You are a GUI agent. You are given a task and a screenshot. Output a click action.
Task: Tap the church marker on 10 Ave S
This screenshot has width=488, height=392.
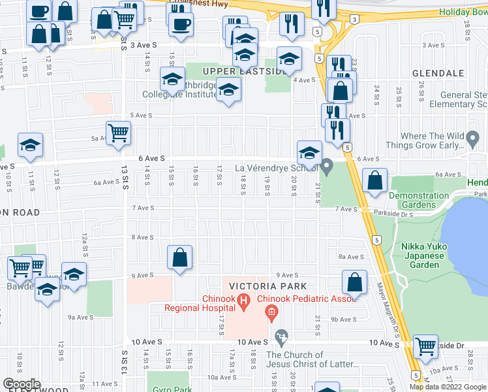[281, 338]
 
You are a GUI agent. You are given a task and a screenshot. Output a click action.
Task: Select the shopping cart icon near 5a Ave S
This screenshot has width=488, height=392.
[119, 133]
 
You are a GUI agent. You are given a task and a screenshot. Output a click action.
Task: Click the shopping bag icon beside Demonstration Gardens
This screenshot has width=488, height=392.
[375, 182]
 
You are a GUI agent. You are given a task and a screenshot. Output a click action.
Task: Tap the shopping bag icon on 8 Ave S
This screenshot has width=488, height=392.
[179, 257]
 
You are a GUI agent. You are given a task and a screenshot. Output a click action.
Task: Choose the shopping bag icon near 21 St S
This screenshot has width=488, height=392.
[354, 282]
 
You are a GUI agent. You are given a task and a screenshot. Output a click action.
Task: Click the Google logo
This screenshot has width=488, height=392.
[22, 384]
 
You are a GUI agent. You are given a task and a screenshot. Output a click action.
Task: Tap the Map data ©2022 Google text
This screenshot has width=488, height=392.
[447, 387]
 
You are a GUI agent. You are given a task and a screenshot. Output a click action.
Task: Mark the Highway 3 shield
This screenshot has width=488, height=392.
[353, 20]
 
